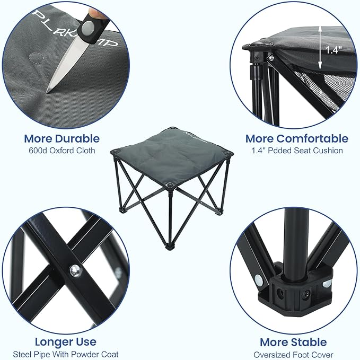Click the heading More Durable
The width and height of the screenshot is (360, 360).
click(x=62, y=138)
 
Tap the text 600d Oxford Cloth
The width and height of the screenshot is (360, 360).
click(x=62, y=151)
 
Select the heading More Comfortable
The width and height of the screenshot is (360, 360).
click(x=296, y=138)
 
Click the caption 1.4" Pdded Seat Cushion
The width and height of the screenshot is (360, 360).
click(x=296, y=151)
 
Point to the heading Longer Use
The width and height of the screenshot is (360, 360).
click(x=66, y=341)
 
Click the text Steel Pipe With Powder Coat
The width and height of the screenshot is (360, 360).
click(x=66, y=354)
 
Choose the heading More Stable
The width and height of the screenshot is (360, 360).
click(x=293, y=342)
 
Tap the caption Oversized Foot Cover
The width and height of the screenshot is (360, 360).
click(x=293, y=354)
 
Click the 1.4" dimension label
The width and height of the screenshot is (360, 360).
click(x=333, y=50)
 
